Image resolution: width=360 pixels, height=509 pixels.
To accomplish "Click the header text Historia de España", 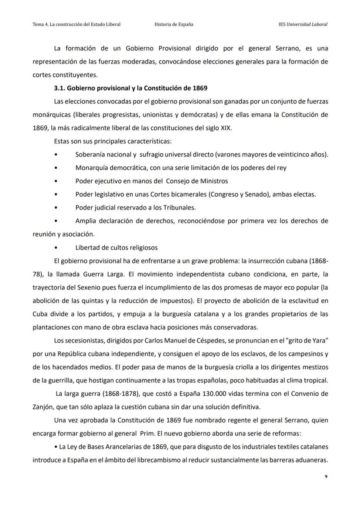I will tap(174, 24).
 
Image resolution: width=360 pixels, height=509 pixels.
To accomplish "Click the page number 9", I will tap(326, 477).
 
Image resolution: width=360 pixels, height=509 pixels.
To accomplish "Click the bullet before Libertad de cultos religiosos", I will tap(56, 248).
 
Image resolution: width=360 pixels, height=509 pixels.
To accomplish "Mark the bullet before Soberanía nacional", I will tap(56, 155).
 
